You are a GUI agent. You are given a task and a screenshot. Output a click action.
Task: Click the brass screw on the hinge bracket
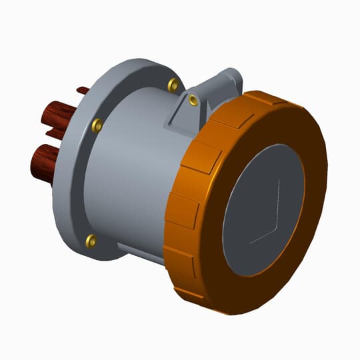tap(193, 100)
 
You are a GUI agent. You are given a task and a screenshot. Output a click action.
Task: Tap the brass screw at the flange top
tap(173, 84)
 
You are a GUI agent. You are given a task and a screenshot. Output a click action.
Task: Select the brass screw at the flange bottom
tap(91, 239)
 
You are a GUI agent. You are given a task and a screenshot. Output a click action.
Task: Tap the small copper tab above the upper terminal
tap(82, 90)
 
